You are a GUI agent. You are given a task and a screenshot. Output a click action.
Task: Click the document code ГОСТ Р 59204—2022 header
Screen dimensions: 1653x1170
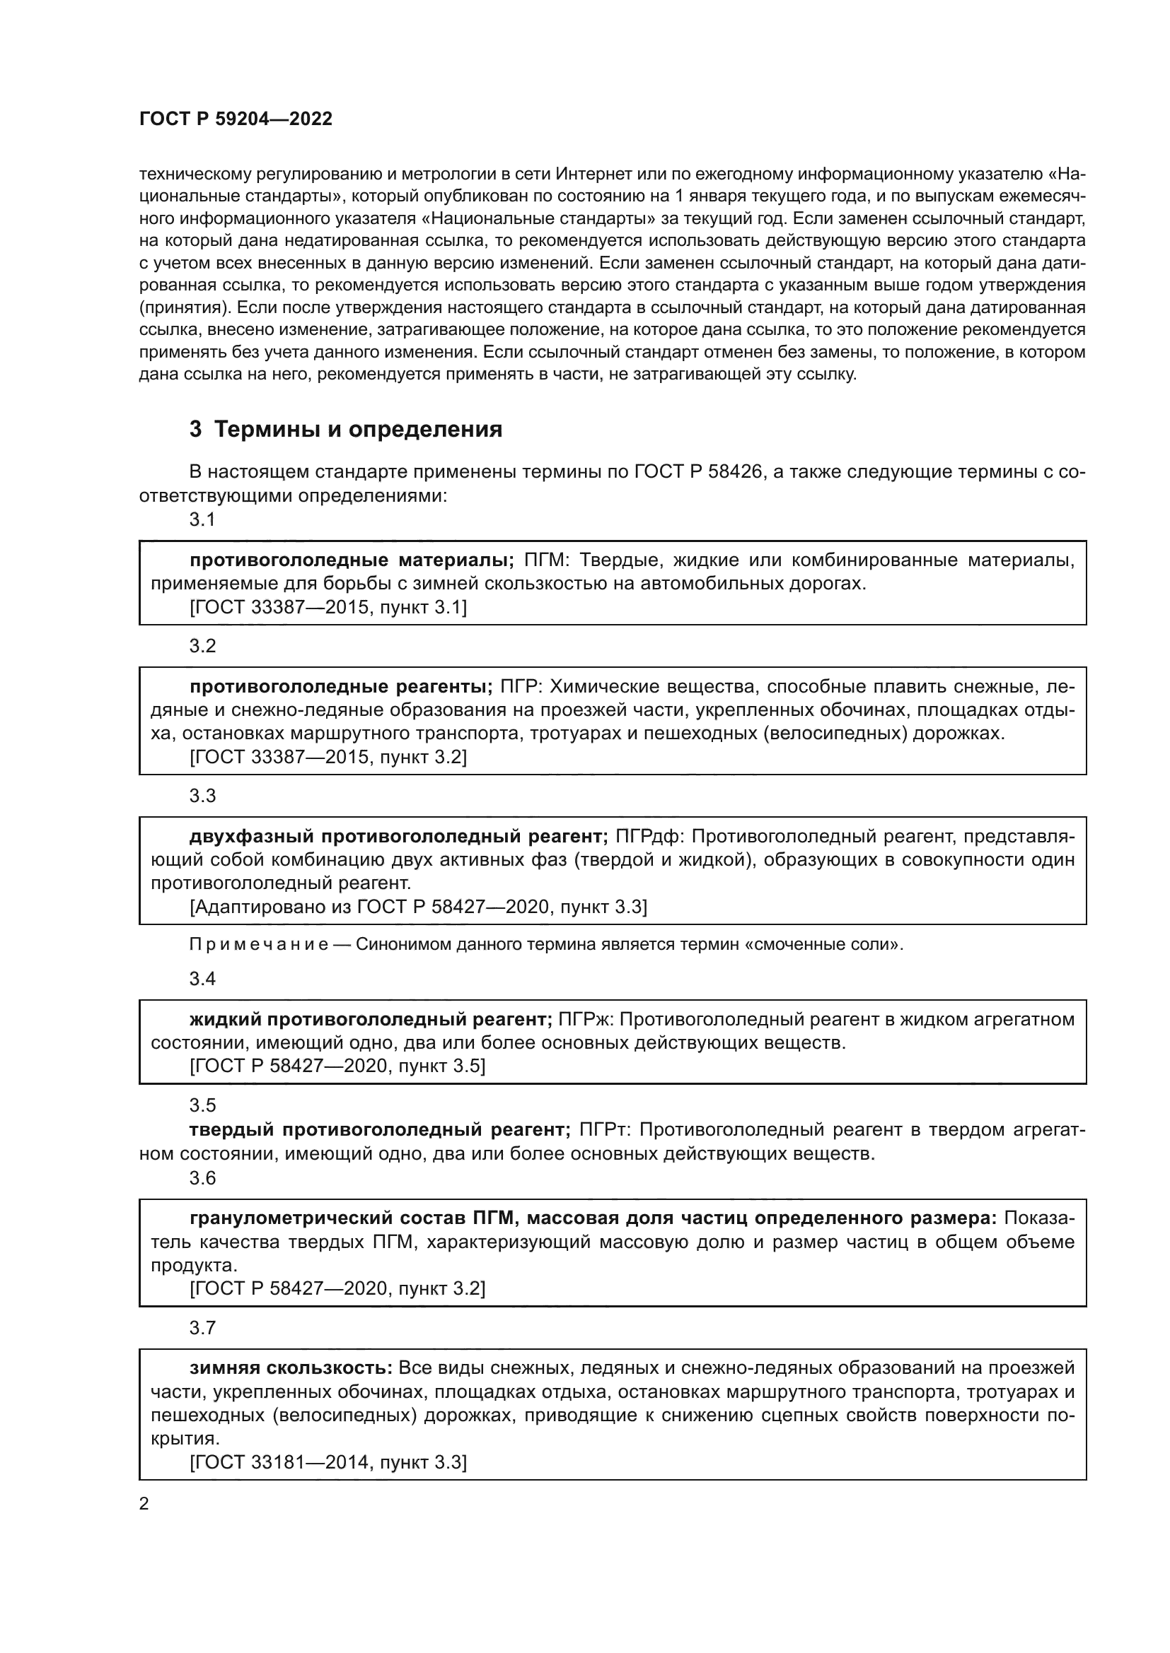pyautogui.click(x=236, y=119)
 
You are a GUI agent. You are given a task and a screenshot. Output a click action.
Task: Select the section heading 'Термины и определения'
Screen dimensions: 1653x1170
pyautogui.click(x=358, y=430)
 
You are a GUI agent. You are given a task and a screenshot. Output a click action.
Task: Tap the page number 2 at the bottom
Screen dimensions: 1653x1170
pyautogui.click(x=144, y=1504)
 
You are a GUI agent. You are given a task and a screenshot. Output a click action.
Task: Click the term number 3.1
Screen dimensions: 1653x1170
pyautogui.click(x=202, y=520)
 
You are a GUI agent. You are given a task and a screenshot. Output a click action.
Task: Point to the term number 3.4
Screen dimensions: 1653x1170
pyautogui.click(x=202, y=978)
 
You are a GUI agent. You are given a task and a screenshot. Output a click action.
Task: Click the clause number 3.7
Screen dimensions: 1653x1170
pyautogui.click(x=202, y=1328)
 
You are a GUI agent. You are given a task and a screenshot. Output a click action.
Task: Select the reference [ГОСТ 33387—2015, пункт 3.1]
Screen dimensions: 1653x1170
pyautogui.click(x=328, y=607)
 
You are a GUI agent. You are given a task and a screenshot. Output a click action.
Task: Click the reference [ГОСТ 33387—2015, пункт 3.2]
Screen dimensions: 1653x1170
pyautogui.click(x=328, y=757)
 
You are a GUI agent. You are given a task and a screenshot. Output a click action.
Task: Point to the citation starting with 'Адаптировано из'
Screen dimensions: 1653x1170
pyautogui.click(x=418, y=907)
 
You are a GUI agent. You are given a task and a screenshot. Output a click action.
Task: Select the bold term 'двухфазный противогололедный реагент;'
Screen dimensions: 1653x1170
pyautogui.click(x=399, y=837)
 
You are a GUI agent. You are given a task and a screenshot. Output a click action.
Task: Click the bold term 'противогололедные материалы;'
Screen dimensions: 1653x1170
pyautogui.click(x=352, y=560)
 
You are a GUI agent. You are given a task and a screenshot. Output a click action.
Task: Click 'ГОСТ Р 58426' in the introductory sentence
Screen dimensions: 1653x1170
pyautogui.click(x=697, y=472)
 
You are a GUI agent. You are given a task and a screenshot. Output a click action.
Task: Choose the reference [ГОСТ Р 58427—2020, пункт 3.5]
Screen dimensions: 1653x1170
pyautogui.click(x=337, y=1066)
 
